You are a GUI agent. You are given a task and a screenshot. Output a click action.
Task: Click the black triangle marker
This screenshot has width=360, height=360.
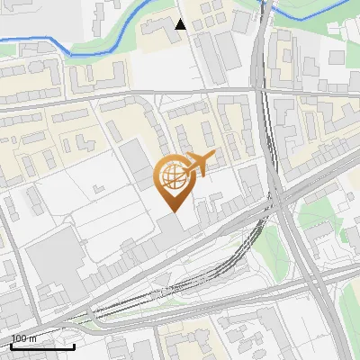point(181,24)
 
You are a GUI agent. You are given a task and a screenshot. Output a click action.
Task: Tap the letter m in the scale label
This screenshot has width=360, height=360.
point(32,338)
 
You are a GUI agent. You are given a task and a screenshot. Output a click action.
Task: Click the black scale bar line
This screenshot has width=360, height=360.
point(42,346)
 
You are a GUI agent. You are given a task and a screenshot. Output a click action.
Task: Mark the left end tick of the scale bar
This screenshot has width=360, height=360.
point(11,345)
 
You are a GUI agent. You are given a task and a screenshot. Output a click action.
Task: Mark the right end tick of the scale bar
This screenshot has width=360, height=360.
point(74,345)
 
